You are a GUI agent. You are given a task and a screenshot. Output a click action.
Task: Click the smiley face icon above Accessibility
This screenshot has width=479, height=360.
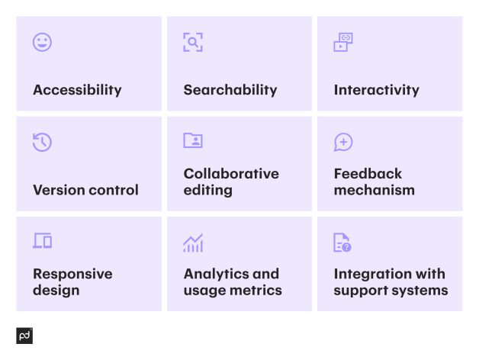click(x=42, y=42)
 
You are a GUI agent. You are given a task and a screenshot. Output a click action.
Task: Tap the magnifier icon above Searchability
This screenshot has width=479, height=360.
click(x=193, y=42)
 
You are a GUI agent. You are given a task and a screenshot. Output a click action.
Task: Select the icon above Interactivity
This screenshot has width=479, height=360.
click(x=343, y=42)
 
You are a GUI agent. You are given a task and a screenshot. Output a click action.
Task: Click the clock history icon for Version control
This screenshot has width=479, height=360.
click(x=42, y=142)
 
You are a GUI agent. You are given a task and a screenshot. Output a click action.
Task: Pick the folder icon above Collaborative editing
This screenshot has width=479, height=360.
click(x=193, y=141)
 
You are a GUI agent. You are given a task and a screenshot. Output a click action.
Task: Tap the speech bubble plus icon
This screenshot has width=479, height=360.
click(x=343, y=142)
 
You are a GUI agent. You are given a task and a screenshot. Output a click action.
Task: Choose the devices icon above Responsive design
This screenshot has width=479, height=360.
click(x=42, y=242)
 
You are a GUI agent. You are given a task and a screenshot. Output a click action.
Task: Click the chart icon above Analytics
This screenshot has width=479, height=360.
click(x=193, y=243)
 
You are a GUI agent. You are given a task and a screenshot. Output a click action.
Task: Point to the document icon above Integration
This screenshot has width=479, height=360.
click(x=342, y=243)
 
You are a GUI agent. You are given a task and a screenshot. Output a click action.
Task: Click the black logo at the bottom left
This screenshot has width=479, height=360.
click(x=24, y=336)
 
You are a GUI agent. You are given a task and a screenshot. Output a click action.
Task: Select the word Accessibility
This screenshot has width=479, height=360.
click(x=77, y=90)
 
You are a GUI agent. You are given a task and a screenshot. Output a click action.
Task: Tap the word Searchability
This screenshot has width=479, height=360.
click(x=230, y=90)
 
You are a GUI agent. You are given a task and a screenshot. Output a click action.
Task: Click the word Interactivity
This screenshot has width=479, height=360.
click(x=376, y=90)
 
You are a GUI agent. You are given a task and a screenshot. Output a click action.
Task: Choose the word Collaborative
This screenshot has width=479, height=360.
click(x=231, y=174)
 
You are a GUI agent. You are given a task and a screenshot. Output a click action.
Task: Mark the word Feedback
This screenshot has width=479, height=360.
click(x=368, y=174)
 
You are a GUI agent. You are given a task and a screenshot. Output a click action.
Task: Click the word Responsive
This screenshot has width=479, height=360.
click(x=72, y=274)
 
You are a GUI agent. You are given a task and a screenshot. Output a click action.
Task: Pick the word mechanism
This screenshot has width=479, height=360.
click(x=374, y=190)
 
